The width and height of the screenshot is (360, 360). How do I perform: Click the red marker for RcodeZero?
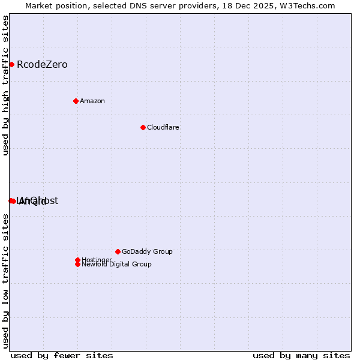[11, 64]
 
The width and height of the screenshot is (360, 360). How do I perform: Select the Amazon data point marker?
[76, 101]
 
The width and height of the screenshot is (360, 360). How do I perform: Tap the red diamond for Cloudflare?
[143, 127]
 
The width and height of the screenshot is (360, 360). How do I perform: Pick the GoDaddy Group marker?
[118, 251]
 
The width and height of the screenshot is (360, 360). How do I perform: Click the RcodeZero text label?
[42, 64]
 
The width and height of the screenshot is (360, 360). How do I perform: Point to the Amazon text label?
[92, 101]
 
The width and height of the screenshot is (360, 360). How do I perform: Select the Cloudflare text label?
[163, 127]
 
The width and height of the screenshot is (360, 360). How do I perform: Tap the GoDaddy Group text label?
[147, 251]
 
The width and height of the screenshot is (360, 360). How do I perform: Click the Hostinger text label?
[97, 260]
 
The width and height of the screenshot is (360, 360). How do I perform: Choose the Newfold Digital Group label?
[116, 264]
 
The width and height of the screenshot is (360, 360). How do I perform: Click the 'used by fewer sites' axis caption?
[62, 355]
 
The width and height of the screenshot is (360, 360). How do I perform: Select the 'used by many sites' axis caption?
[301, 355]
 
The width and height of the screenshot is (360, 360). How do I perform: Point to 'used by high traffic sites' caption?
[5, 85]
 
